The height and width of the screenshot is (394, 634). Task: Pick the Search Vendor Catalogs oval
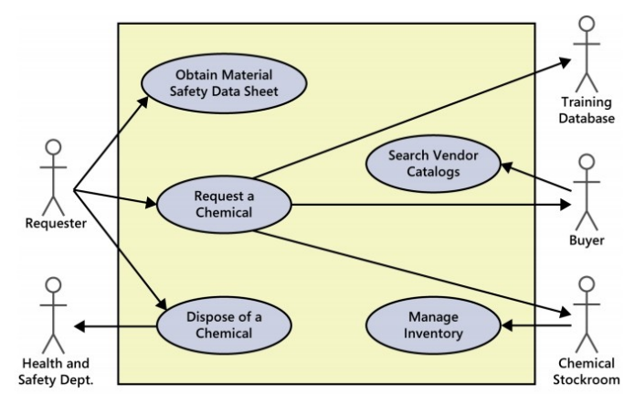click(x=434, y=162)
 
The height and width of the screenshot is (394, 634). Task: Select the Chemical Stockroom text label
click(x=586, y=370)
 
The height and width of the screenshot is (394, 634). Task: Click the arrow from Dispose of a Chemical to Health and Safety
click(x=114, y=325)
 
